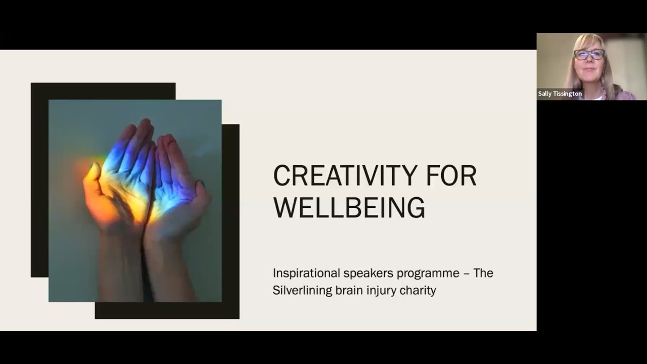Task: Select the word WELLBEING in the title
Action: (x=349, y=207)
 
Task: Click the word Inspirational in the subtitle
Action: (x=306, y=274)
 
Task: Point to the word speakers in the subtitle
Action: (x=368, y=274)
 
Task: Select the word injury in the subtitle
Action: (x=380, y=291)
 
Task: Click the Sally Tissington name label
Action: (x=560, y=94)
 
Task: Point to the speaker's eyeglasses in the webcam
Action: (x=589, y=54)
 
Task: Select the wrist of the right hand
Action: (x=167, y=253)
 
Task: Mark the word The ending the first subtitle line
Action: (x=483, y=274)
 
